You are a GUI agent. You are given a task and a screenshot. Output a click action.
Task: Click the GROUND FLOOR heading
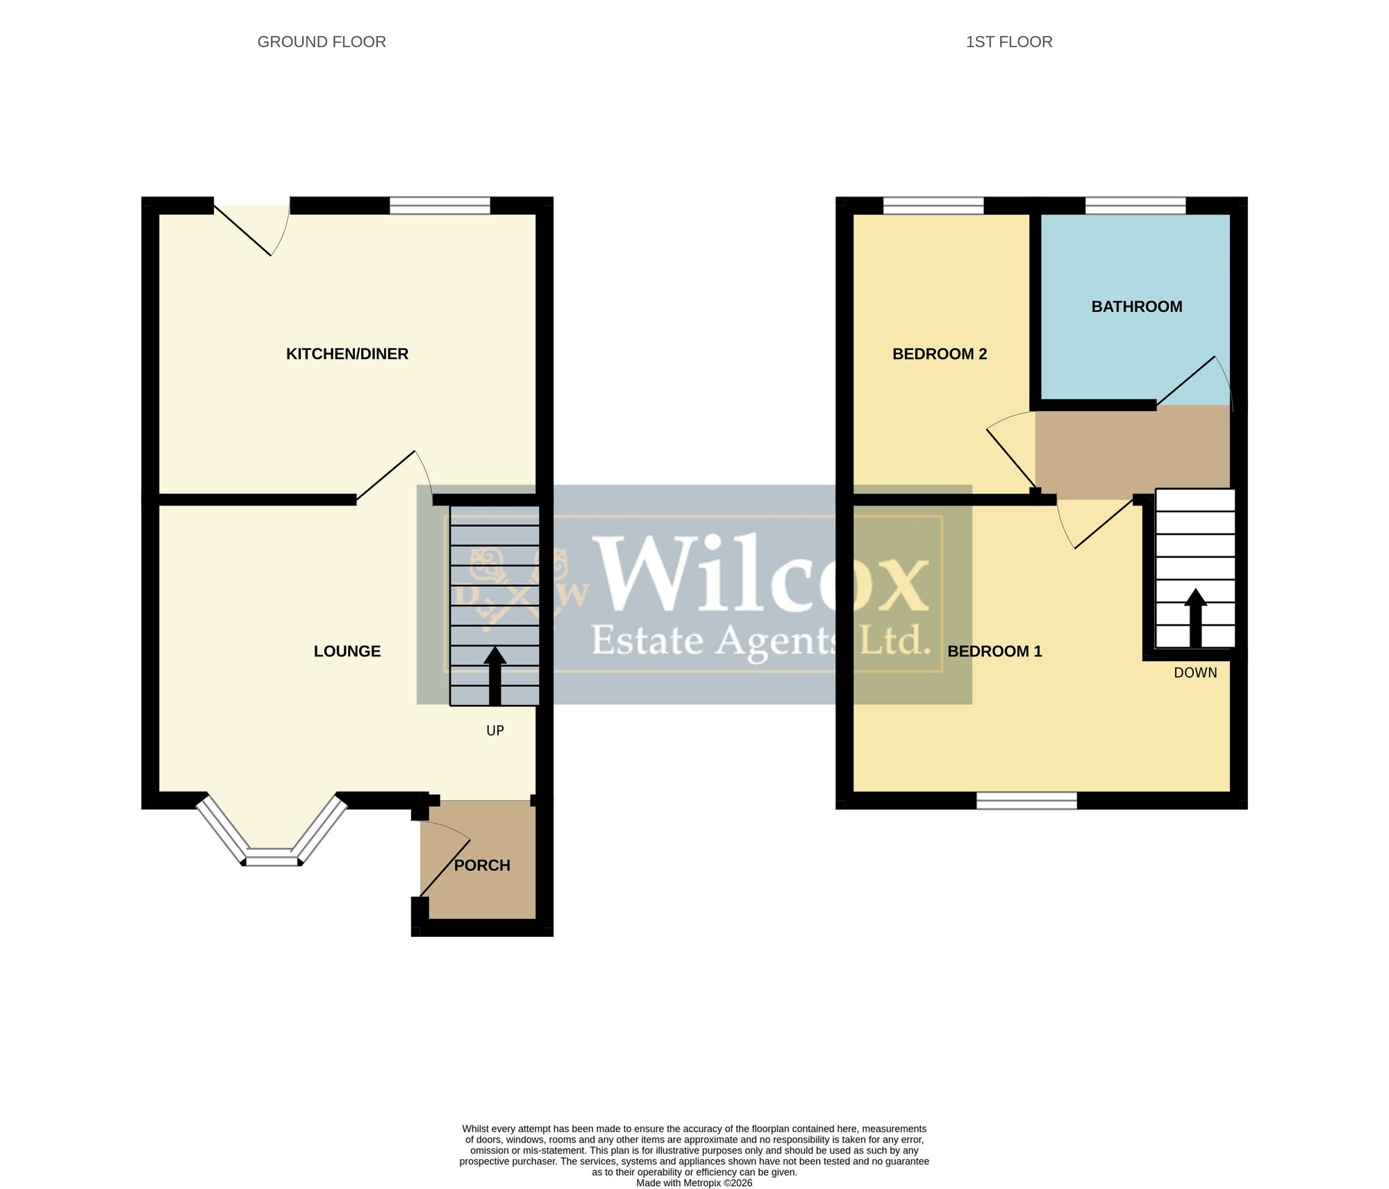tap(322, 42)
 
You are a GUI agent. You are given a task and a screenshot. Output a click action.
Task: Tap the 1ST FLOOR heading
tap(1009, 42)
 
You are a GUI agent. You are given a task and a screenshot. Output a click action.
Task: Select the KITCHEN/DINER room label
tap(347, 354)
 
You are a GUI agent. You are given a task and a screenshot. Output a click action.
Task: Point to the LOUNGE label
tap(347, 651)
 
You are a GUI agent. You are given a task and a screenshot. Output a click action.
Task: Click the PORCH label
tap(482, 865)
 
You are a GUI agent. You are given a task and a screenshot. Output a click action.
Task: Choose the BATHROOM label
tap(1137, 307)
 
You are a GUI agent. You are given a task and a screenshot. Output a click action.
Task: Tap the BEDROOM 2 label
tap(940, 354)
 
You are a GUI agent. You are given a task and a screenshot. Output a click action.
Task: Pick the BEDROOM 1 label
tap(995, 651)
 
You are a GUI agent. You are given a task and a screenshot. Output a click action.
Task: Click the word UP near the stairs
tap(495, 731)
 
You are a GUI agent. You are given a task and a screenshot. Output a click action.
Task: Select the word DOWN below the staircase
tap(1195, 672)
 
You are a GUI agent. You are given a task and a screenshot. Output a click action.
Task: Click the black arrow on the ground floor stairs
tap(495, 676)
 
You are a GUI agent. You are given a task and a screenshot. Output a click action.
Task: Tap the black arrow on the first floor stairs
tap(1195, 618)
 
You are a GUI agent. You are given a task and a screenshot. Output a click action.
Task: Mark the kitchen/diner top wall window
tap(440, 206)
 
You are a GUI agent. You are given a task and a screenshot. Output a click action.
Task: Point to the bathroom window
tap(1136, 206)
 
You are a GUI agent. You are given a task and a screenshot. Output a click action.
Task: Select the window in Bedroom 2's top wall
tap(933, 206)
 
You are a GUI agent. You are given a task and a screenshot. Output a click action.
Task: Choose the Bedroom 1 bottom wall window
tap(1026, 801)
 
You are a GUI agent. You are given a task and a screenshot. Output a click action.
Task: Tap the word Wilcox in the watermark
tap(763, 576)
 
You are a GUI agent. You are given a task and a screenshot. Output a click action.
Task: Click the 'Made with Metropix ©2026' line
tap(694, 1183)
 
